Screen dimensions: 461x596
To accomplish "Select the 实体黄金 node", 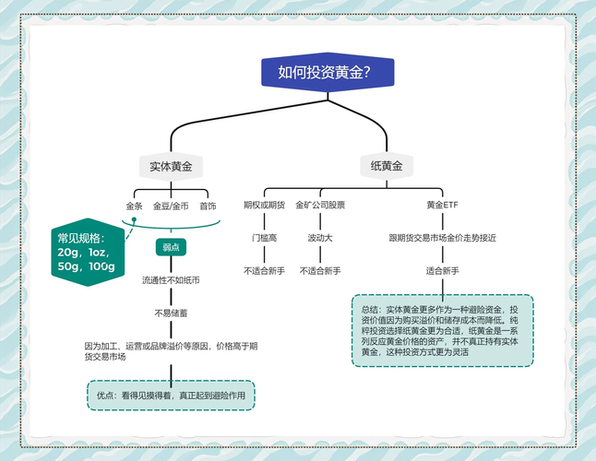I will [x=171, y=166].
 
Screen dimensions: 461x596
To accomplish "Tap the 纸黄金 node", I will [x=387, y=166].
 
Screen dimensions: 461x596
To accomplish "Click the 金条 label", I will [x=135, y=205].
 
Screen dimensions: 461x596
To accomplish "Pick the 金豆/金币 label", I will [x=171, y=205].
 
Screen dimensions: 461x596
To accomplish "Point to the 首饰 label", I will [x=208, y=205].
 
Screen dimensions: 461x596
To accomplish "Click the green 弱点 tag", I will [x=171, y=247].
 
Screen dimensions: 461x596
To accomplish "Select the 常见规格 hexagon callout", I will [x=87, y=252].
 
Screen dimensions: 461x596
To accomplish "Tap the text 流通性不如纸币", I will [x=171, y=279].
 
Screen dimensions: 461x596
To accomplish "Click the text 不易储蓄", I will [x=171, y=313].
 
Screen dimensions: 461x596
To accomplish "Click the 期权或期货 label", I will [x=264, y=205].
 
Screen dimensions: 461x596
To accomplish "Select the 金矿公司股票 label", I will [x=320, y=205].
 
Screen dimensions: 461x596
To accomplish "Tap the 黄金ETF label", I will [x=442, y=205].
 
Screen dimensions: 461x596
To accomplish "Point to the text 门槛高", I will [x=264, y=238].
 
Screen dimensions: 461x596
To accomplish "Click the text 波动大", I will [x=320, y=238].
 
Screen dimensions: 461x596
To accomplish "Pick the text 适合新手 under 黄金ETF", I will [x=442, y=271].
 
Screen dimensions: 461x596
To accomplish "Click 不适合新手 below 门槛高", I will [x=264, y=271].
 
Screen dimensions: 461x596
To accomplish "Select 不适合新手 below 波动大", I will [x=320, y=271].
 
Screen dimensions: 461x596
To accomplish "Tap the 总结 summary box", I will [x=442, y=330].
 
